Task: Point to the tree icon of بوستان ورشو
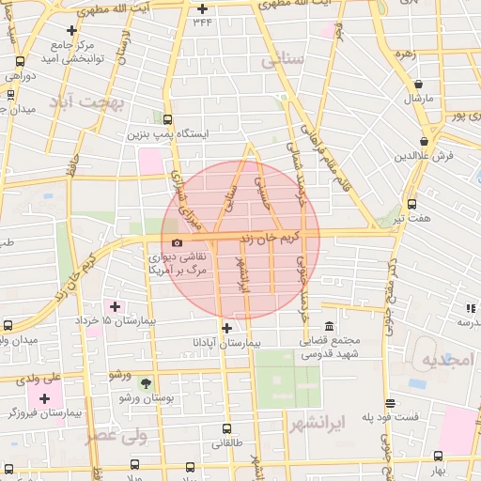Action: coord(145,383)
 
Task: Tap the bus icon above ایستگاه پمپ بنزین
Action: coord(168,119)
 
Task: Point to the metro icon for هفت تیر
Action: coord(411,204)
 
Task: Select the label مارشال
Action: coord(418,98)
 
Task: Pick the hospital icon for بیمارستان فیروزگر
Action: coord(44,399)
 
